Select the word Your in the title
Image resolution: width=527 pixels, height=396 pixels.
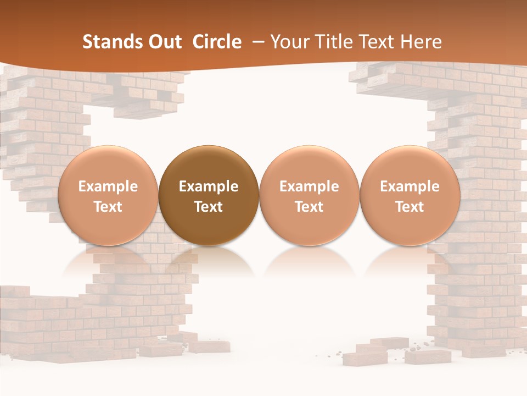pyautogui.click(x=289, y=42)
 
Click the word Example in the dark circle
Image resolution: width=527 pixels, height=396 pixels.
pyautogui.click(x=209, y=186)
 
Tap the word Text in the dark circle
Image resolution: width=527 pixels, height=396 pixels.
pyautogui.click(x=209, y=207)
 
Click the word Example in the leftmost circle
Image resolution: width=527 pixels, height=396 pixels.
pyautogui.click(x=108, y=186)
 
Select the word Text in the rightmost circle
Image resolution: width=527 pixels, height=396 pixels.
pyautogui.click(x=410, y=207)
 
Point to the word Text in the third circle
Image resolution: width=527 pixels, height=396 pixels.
pyautogui.click(x=309, y=207)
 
